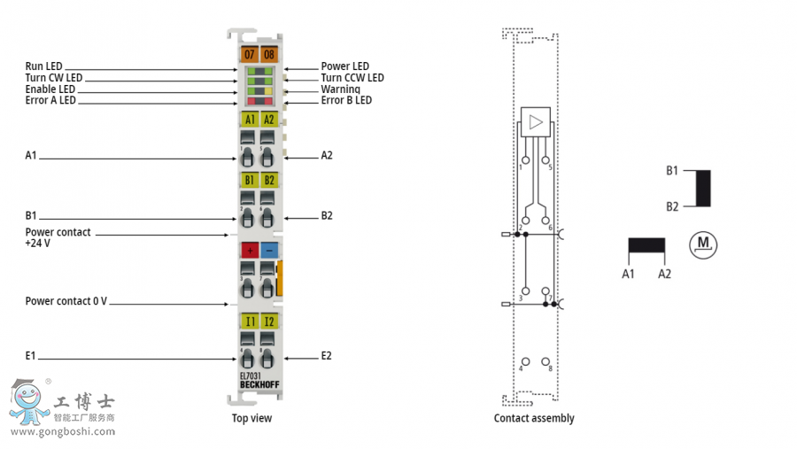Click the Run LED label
(44, 66)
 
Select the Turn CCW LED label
(352, 78)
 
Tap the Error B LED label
(346, 101)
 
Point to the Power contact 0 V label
(66, 301)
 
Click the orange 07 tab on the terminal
(249, 55)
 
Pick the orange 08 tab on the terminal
(268, 55)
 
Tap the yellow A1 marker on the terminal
(249, 120)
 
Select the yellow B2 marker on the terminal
(268, 180)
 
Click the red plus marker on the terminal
(249, 251)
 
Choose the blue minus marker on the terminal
(268, 251)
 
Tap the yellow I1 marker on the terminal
(249, 321)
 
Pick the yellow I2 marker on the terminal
(268, 321)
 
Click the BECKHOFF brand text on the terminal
(258, 384)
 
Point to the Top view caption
(251, 418)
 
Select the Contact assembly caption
(534, 418)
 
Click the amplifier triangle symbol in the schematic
(534, 122)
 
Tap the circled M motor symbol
(704, 243)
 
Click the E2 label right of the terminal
(326, 356)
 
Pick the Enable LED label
(50, 89)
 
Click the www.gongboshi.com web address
(62, 432)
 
